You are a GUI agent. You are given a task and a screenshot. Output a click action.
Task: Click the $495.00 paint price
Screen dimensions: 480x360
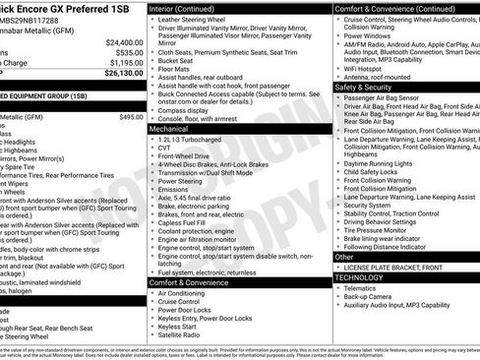pyautogui.click(x=131, y=117)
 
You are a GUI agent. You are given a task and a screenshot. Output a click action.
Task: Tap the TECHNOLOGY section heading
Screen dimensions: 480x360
pyautogui.click(x=361, y=278)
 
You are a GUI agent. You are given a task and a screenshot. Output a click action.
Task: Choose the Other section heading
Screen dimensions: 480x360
pyautogui.click(x=343, y=258)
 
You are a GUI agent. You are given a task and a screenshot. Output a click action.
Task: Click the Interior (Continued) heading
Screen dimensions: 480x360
pyautogui.click(x=190, y=8)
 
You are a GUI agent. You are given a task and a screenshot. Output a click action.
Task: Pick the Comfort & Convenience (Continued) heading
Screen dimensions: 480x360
pyautogui.click(x=392, y=8)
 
